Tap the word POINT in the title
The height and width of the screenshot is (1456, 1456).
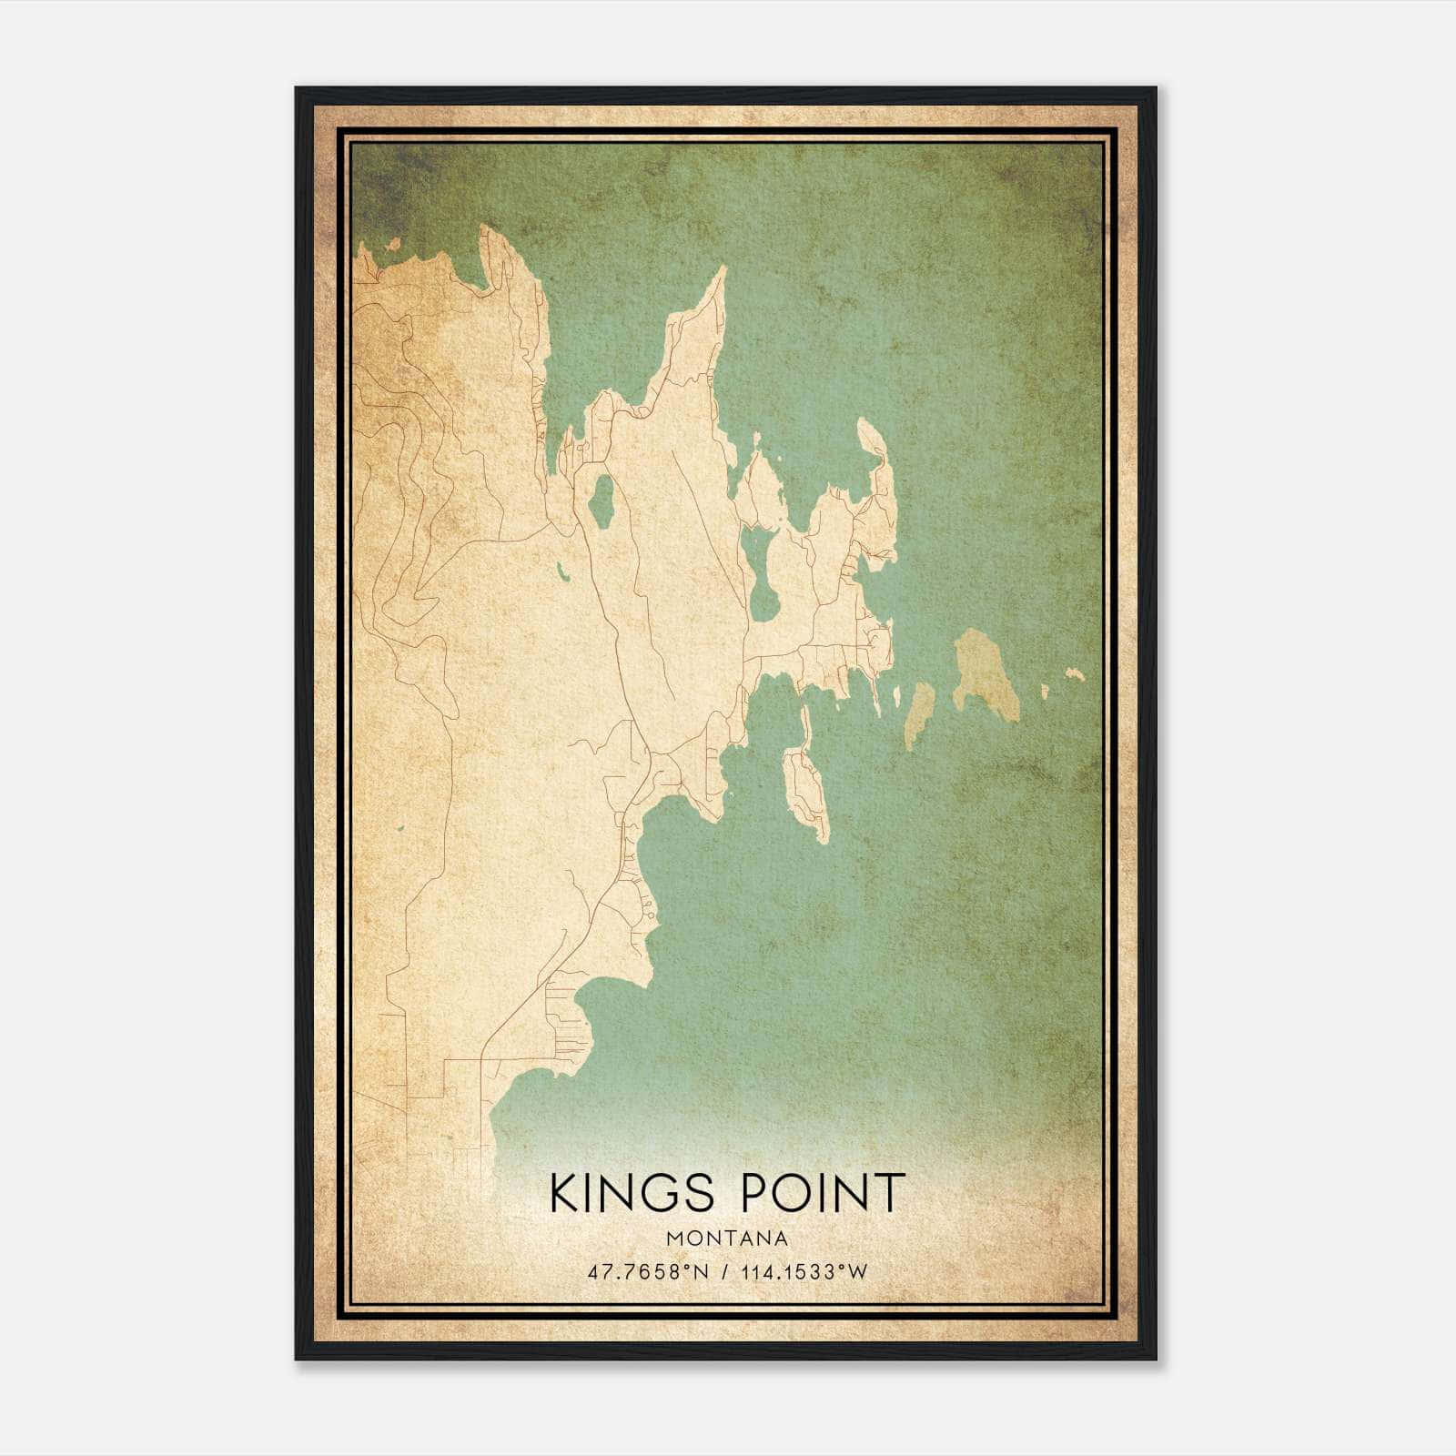coord(824,1193)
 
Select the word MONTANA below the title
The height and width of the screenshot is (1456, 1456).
coord(727,1239)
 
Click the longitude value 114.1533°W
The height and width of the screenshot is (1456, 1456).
coord(804,1271)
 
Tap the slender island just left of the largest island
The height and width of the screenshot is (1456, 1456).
coord(919,714)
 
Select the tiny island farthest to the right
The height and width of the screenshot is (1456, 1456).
coord(1076,673)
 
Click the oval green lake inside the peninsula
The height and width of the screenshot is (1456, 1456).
coord(600,498)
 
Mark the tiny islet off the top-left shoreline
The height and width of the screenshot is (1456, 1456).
coord(394,243)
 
